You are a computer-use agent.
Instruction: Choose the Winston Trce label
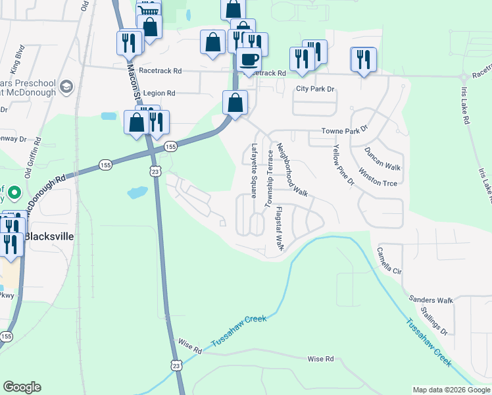[x=378, y=179]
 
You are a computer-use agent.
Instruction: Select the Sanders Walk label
[x=431, y=300]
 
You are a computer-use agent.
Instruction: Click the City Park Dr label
[x=316, y=88]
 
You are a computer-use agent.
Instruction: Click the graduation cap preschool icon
[x=66, y=86]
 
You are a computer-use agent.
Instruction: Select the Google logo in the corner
[x=22, y=387]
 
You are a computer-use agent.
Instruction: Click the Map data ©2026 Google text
[x=451, y=390]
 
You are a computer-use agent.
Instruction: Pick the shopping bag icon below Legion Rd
[x=235, y=102]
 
